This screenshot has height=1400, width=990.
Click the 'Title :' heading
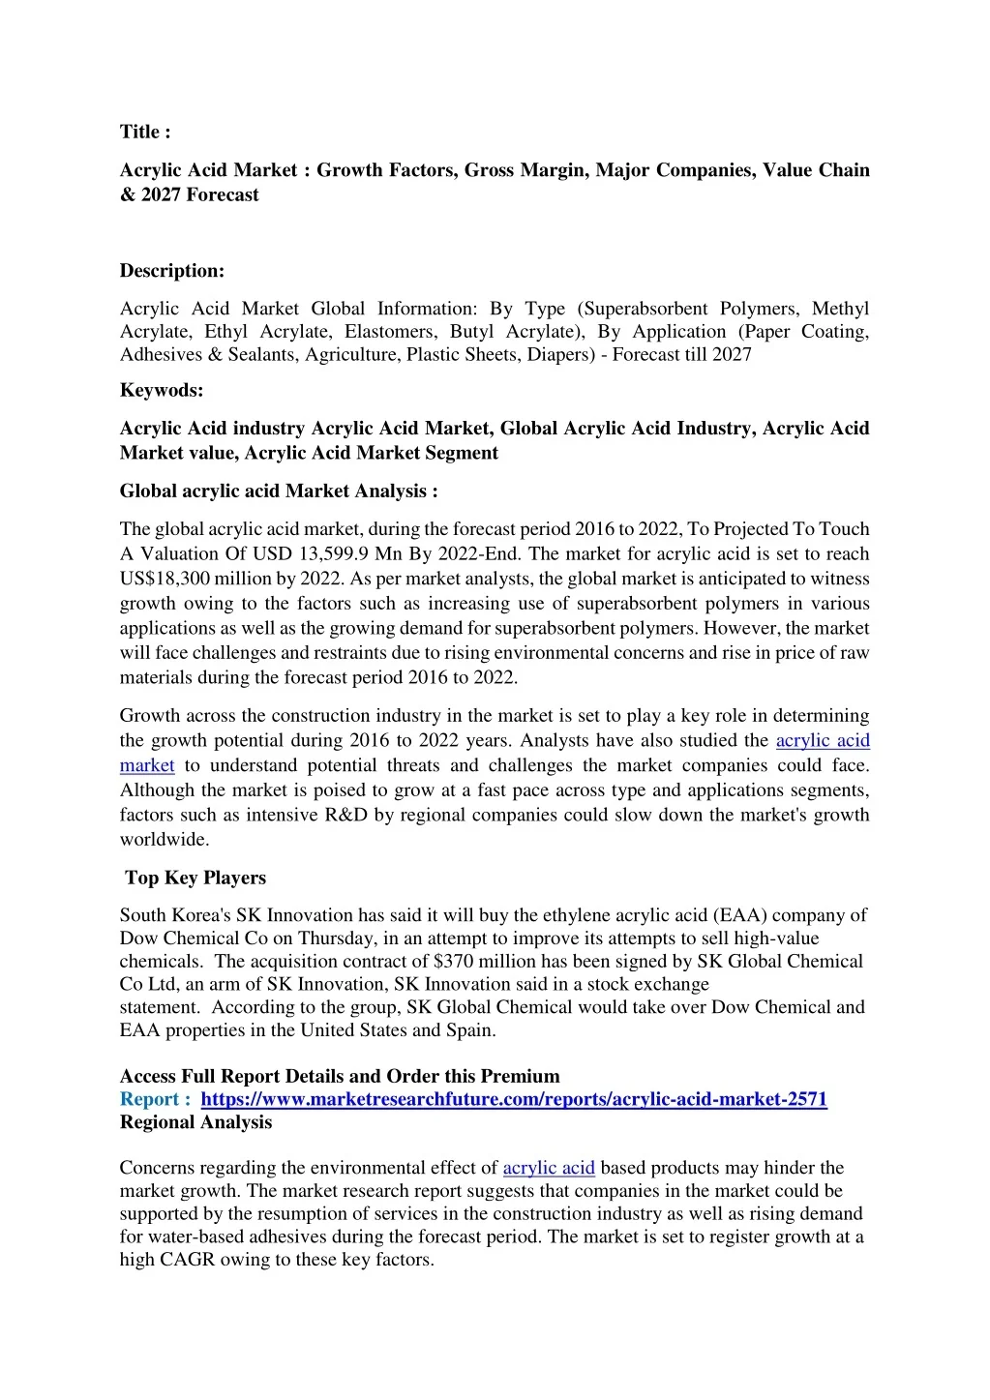click(145, 132)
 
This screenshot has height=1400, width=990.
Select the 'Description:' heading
click(172, 271)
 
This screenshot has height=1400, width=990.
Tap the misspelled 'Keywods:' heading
click(162, 391)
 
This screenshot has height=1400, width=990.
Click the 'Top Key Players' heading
click(195, 878)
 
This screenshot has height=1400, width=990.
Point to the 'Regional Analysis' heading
click(195, 1122)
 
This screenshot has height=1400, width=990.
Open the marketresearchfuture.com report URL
click(514, 1099)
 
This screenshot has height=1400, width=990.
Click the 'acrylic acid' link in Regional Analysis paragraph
click(549, 1168)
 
